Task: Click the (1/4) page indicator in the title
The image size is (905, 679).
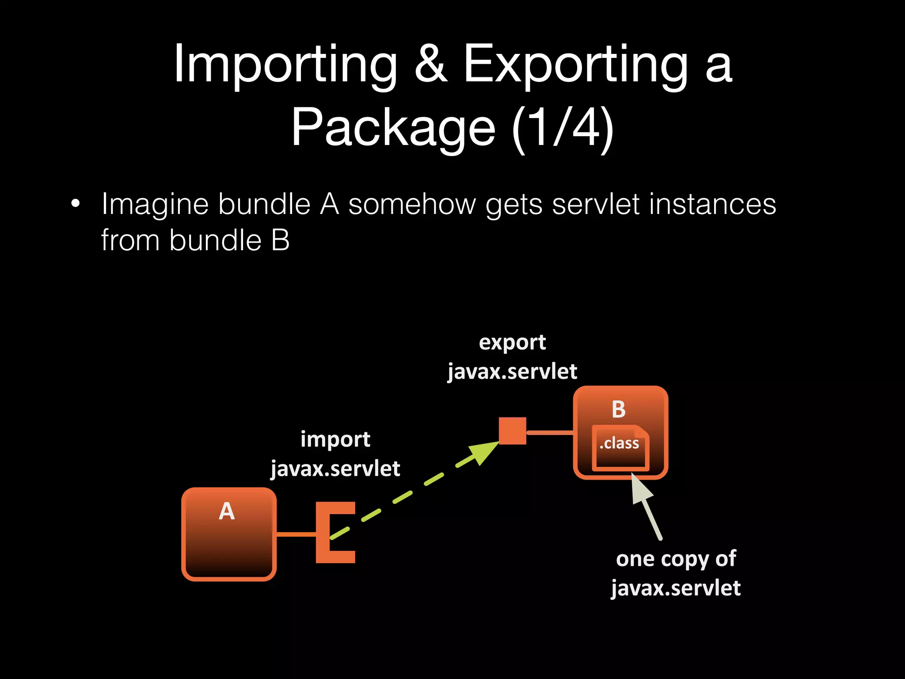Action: pos(563,128)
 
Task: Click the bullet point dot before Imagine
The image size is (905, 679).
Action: pos(76,204)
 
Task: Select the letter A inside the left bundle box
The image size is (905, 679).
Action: pos(227,511)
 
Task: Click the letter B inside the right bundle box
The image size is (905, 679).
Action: pos(618,409)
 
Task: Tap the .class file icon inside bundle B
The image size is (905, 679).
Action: pos(620,447)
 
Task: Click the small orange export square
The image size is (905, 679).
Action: pos(513,431)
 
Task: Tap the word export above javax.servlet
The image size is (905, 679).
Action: pos(512,343)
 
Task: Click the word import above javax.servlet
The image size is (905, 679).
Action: pos(335,439)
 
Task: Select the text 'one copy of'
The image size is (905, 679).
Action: pos(676,559)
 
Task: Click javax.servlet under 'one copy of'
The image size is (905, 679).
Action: pos(676,588)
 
